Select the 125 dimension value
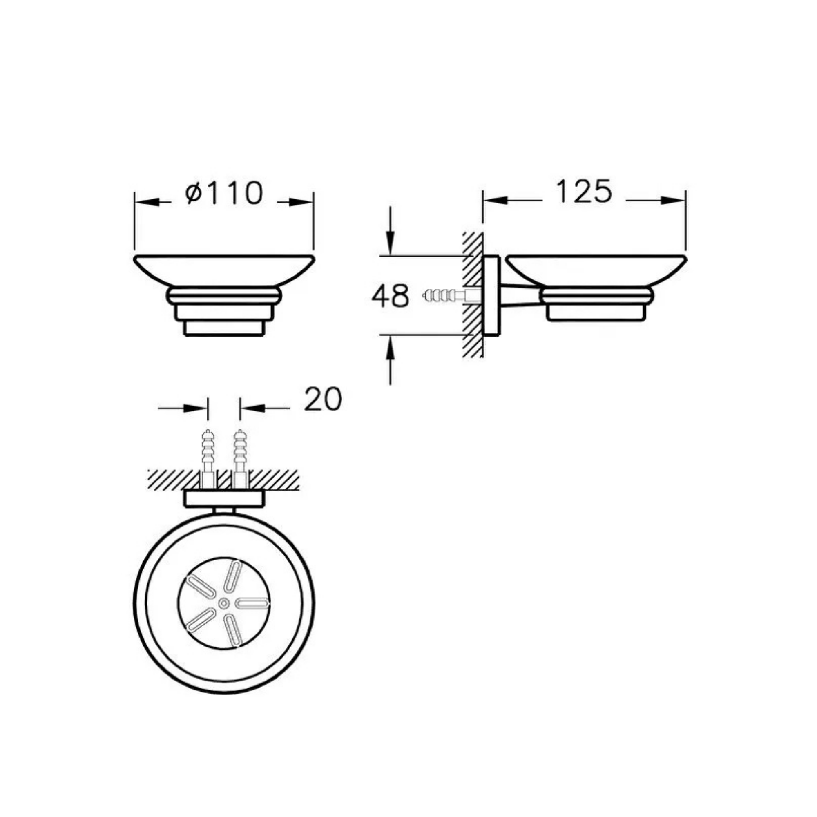pyautogui.click(x=584, y=192)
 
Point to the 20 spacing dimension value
pyautogui.click(x=323, y=399)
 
